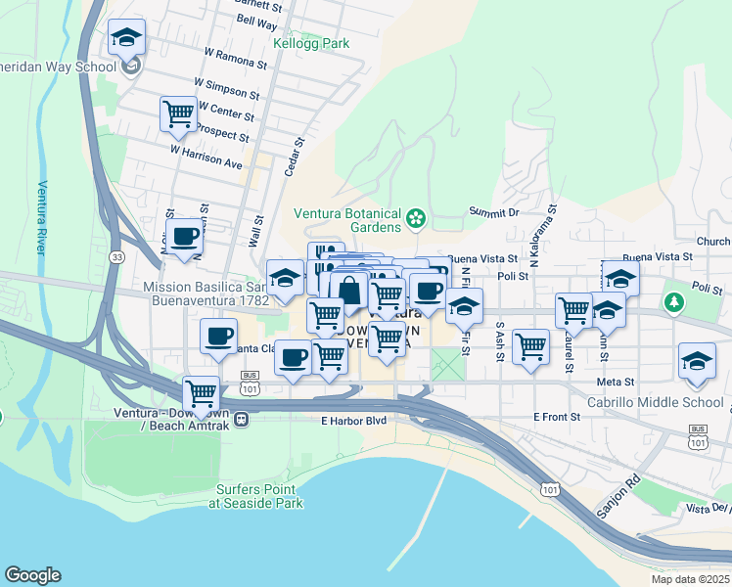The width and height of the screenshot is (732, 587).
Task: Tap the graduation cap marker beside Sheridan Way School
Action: tap(126, 38)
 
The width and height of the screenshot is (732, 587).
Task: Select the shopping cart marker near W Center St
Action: tap(178, 113)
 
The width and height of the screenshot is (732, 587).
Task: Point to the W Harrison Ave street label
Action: tap(206, 158)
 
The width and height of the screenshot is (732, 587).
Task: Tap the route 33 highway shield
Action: tap(117, 256)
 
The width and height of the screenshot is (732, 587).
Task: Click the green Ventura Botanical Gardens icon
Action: tap(416, 217)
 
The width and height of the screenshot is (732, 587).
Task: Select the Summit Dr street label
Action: tap(493, 212)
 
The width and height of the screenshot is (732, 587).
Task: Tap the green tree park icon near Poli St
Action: tap(673, 301)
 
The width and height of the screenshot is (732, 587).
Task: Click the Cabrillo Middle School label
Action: tap(669, 402)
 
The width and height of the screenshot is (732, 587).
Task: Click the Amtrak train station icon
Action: tap(241, 420)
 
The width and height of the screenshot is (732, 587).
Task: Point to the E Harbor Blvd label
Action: tap(353, 421)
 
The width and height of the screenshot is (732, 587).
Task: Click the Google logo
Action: tap(32, 575)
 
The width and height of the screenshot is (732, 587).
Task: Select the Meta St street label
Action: tap(617, 383)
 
